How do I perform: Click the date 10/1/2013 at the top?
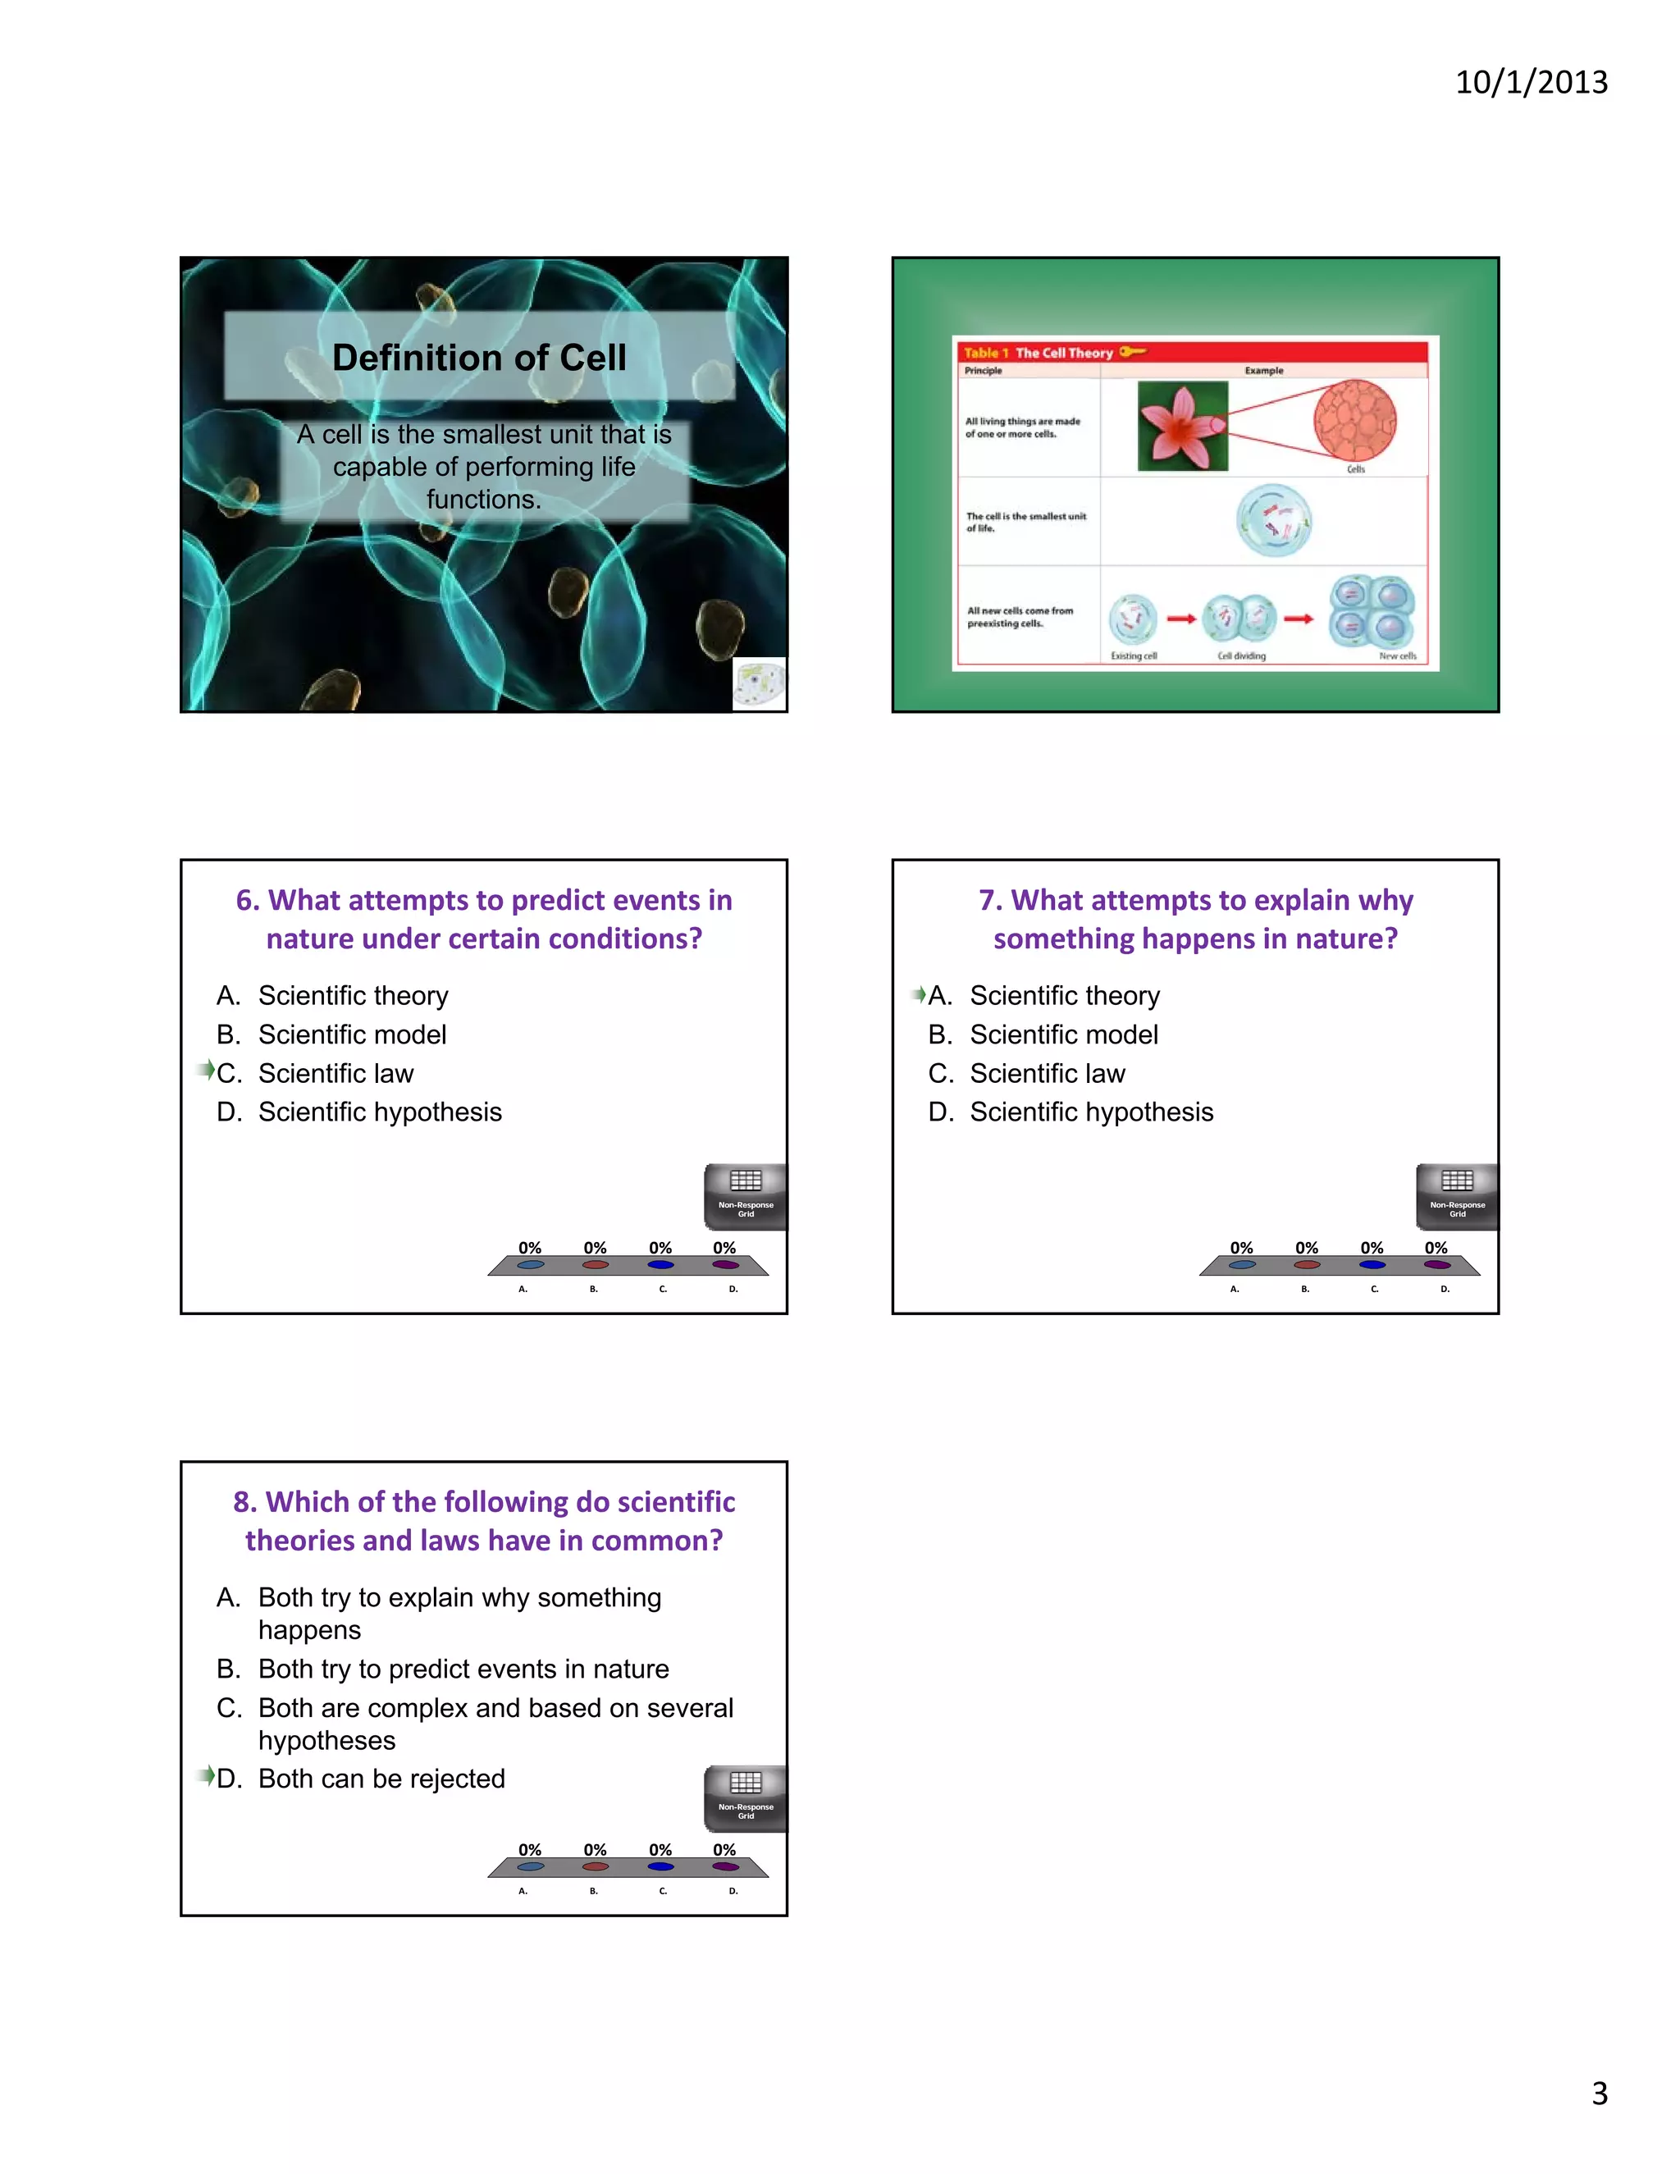click(x=1531, y=81)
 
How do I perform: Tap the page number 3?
click(x=1600, y=2093)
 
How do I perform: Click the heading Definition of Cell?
click(x=479, y=358)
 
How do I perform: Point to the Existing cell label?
click(x=1134, y=656)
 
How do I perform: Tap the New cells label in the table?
click(x=1396, y=656)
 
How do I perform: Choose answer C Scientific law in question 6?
click(x=336, y=1073)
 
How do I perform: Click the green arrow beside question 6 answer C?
click(x=206, y=1070)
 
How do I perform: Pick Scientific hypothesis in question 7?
click(x=1091, y=1112)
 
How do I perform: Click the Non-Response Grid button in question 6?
click(x=746, y=1195)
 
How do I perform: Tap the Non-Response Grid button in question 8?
click(x=746, y=1797)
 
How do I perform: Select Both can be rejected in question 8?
click(x=381, y=1779)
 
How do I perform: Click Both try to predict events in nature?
click(x=463, y=1669)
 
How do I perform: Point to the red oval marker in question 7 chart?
click(x=1307, y=1265)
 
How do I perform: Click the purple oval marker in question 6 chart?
click(x=725, y=1265)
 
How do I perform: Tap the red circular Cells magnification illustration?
click(x=1354, y=420)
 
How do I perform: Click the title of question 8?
click(x=484, y=1521)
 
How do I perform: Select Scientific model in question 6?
click(x=351, y=1034)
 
